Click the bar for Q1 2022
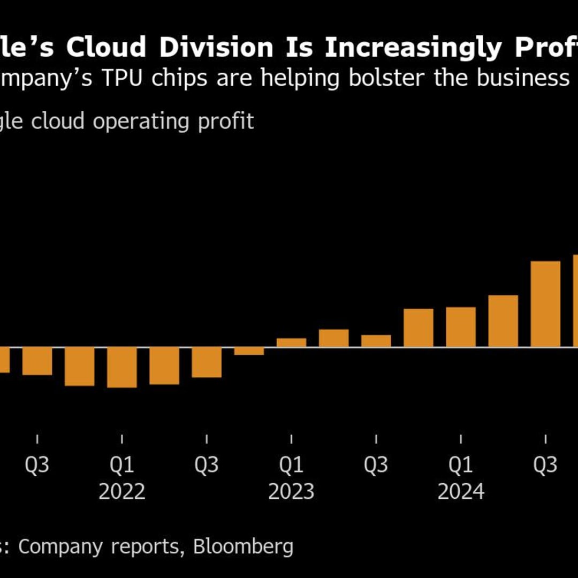[122, 367]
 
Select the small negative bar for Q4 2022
[249, 351]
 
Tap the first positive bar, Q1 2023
[291, 343]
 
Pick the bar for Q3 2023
[376, 341]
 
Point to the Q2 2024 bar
[503, 321]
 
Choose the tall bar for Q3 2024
[545, 304]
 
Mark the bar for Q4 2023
[419, 328]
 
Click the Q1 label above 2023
[291, 465]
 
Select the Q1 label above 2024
[461, 465]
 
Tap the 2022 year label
[122, 491]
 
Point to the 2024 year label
[461, 491]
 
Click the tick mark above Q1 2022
[122, 439]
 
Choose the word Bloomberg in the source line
[243, 546]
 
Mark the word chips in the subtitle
[237, 78]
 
